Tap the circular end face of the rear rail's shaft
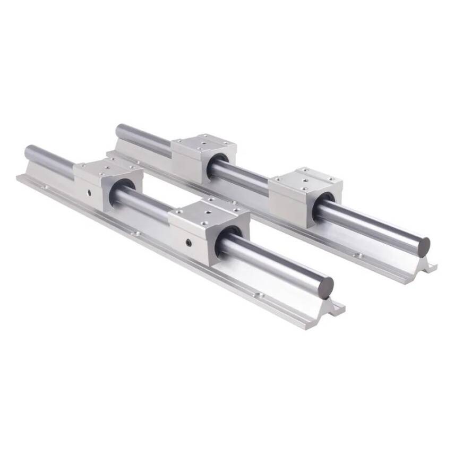point(423,247)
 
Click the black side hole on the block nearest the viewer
point(189,242)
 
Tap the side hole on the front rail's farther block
point(89,192)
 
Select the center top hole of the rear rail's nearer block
point(304,179)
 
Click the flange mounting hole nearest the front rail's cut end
point(260,295)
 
